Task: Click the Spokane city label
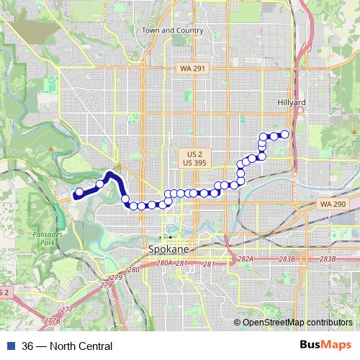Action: coord(168,248)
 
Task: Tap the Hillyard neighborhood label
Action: coord(292,103)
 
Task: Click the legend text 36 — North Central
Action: coord(67,347)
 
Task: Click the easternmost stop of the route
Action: coord(284,134)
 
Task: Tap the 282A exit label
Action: coord(246,258)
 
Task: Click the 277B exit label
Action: coord(51,320)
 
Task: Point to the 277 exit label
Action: coord(66,310)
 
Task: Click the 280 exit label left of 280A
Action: coord(132,269)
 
